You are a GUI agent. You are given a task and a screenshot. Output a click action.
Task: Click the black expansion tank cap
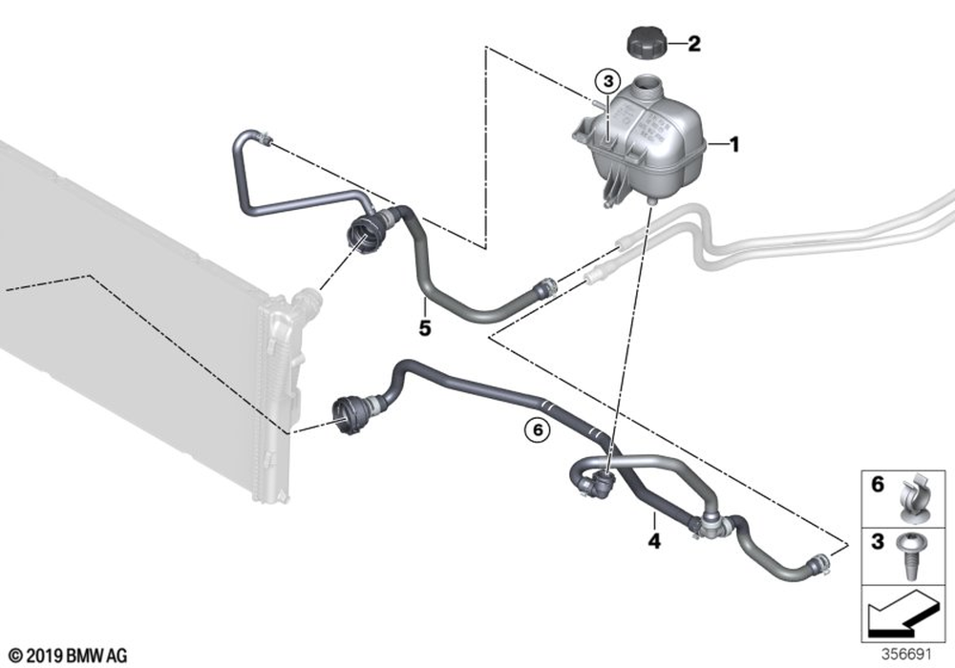[647, 44]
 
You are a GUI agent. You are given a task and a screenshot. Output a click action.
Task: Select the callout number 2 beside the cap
[693, 44]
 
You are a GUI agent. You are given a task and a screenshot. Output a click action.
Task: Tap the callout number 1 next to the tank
[734, 145]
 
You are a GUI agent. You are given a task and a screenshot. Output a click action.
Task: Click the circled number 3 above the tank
[607, 81]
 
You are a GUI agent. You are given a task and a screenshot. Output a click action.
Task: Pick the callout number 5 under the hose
[425, 328]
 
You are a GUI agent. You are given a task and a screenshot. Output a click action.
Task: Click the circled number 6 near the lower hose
[538, 430]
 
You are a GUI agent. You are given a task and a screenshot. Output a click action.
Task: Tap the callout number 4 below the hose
[654, 540]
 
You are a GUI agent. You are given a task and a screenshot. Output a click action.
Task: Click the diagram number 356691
[906, 655]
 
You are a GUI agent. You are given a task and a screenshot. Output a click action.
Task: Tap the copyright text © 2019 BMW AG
[68, 656]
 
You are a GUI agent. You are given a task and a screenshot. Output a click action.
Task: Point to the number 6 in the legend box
[877, 485]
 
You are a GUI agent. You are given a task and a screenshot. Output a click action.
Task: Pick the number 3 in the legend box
[877, 541]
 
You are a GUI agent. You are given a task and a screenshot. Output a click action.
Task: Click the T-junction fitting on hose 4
[708, 525]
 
